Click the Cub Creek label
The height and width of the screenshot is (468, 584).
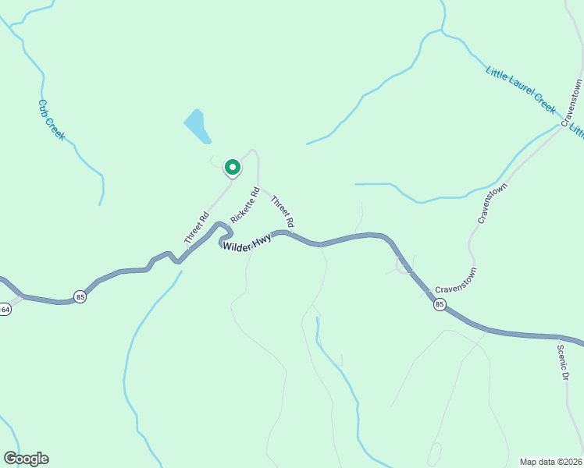[x=51, y=120]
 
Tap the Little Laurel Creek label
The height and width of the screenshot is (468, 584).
[x=520, y=90]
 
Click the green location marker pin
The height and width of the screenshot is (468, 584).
[x=232, y=167]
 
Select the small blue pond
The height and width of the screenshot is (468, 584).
[x=198, y=126]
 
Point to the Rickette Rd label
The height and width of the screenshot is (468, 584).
[x=244, y=205]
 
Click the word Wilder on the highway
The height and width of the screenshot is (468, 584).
[x=237, y=246]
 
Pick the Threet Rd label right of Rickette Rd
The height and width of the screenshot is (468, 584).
[x=283, y=211]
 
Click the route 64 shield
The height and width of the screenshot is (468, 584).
[x=5, y=310]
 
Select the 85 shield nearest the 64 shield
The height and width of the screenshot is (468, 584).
[x=80, y=296]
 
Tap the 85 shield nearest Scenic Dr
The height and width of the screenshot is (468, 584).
[x=440, y=305]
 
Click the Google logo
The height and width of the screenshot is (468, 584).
[x=26, y=459]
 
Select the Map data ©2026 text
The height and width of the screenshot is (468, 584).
[x=550, y=461]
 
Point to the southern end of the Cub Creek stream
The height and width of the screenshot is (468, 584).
[x=100, y=204]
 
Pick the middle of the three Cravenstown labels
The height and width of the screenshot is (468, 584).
[x=493, y=204]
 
